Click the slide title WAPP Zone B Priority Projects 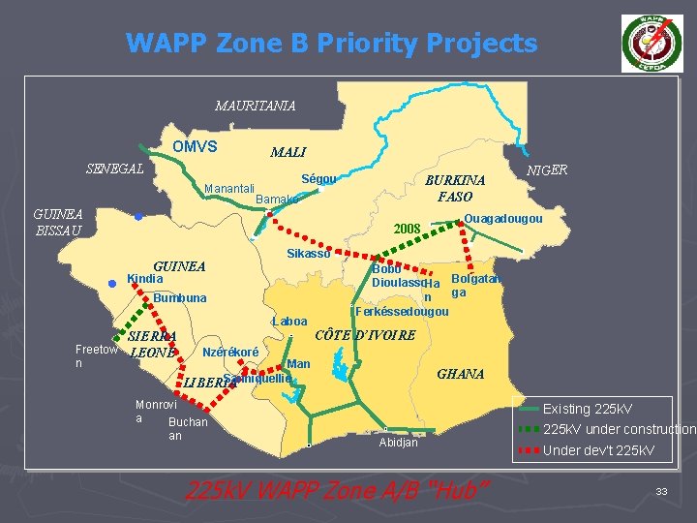pyautogui.click(x=331, y=44)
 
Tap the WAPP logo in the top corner pyautogui.click(x=651, y=44)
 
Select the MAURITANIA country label pyautogui.click(x=256, y=105)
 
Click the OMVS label pyautogui.click(x=195, y=147)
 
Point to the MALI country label pyautogui.click(x=288, y=152)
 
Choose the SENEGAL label pyautogui.click(x=115, y=169)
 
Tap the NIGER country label pyautogui.click(x=547, y=170)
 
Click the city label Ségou pyautogui.click(x=318, y=179)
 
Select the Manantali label pyautogui.click(x=229, y=188)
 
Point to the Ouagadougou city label pyautogui.click(x=502, y=219)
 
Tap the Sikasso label pyautogui.click(x=309, y=254)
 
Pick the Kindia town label pyautogui.click(x=145, y=279)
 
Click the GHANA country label pyautogui.click(x=460, y=374)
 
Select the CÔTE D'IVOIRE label pyautogui.click(x=367, y=335)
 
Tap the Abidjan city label pyautogui.click(x=397, y=443)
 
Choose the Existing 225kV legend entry pyautogui.click(x=587, y=409)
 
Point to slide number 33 pyautogui.click(x=661, y=492)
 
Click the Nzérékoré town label pyautogui.click(x=229, y=350)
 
